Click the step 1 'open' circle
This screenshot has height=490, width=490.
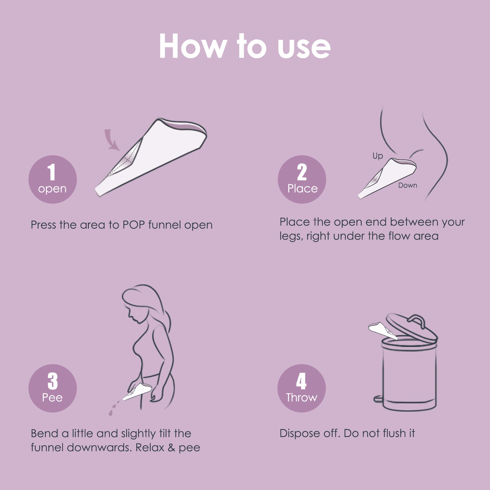coord(52,179)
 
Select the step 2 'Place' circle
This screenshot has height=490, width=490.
coord(302,179)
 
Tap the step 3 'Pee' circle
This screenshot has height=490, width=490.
coord(52,388)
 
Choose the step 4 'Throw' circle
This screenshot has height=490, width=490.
coord(301,388)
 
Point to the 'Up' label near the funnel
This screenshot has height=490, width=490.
coord(378,156)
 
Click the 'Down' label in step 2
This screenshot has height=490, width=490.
coord(408,185)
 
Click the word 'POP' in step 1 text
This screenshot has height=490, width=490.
coord(134,225)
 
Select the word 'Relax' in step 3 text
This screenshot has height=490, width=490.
coord(150,447)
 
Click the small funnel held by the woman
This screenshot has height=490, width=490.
coord(137,391)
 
